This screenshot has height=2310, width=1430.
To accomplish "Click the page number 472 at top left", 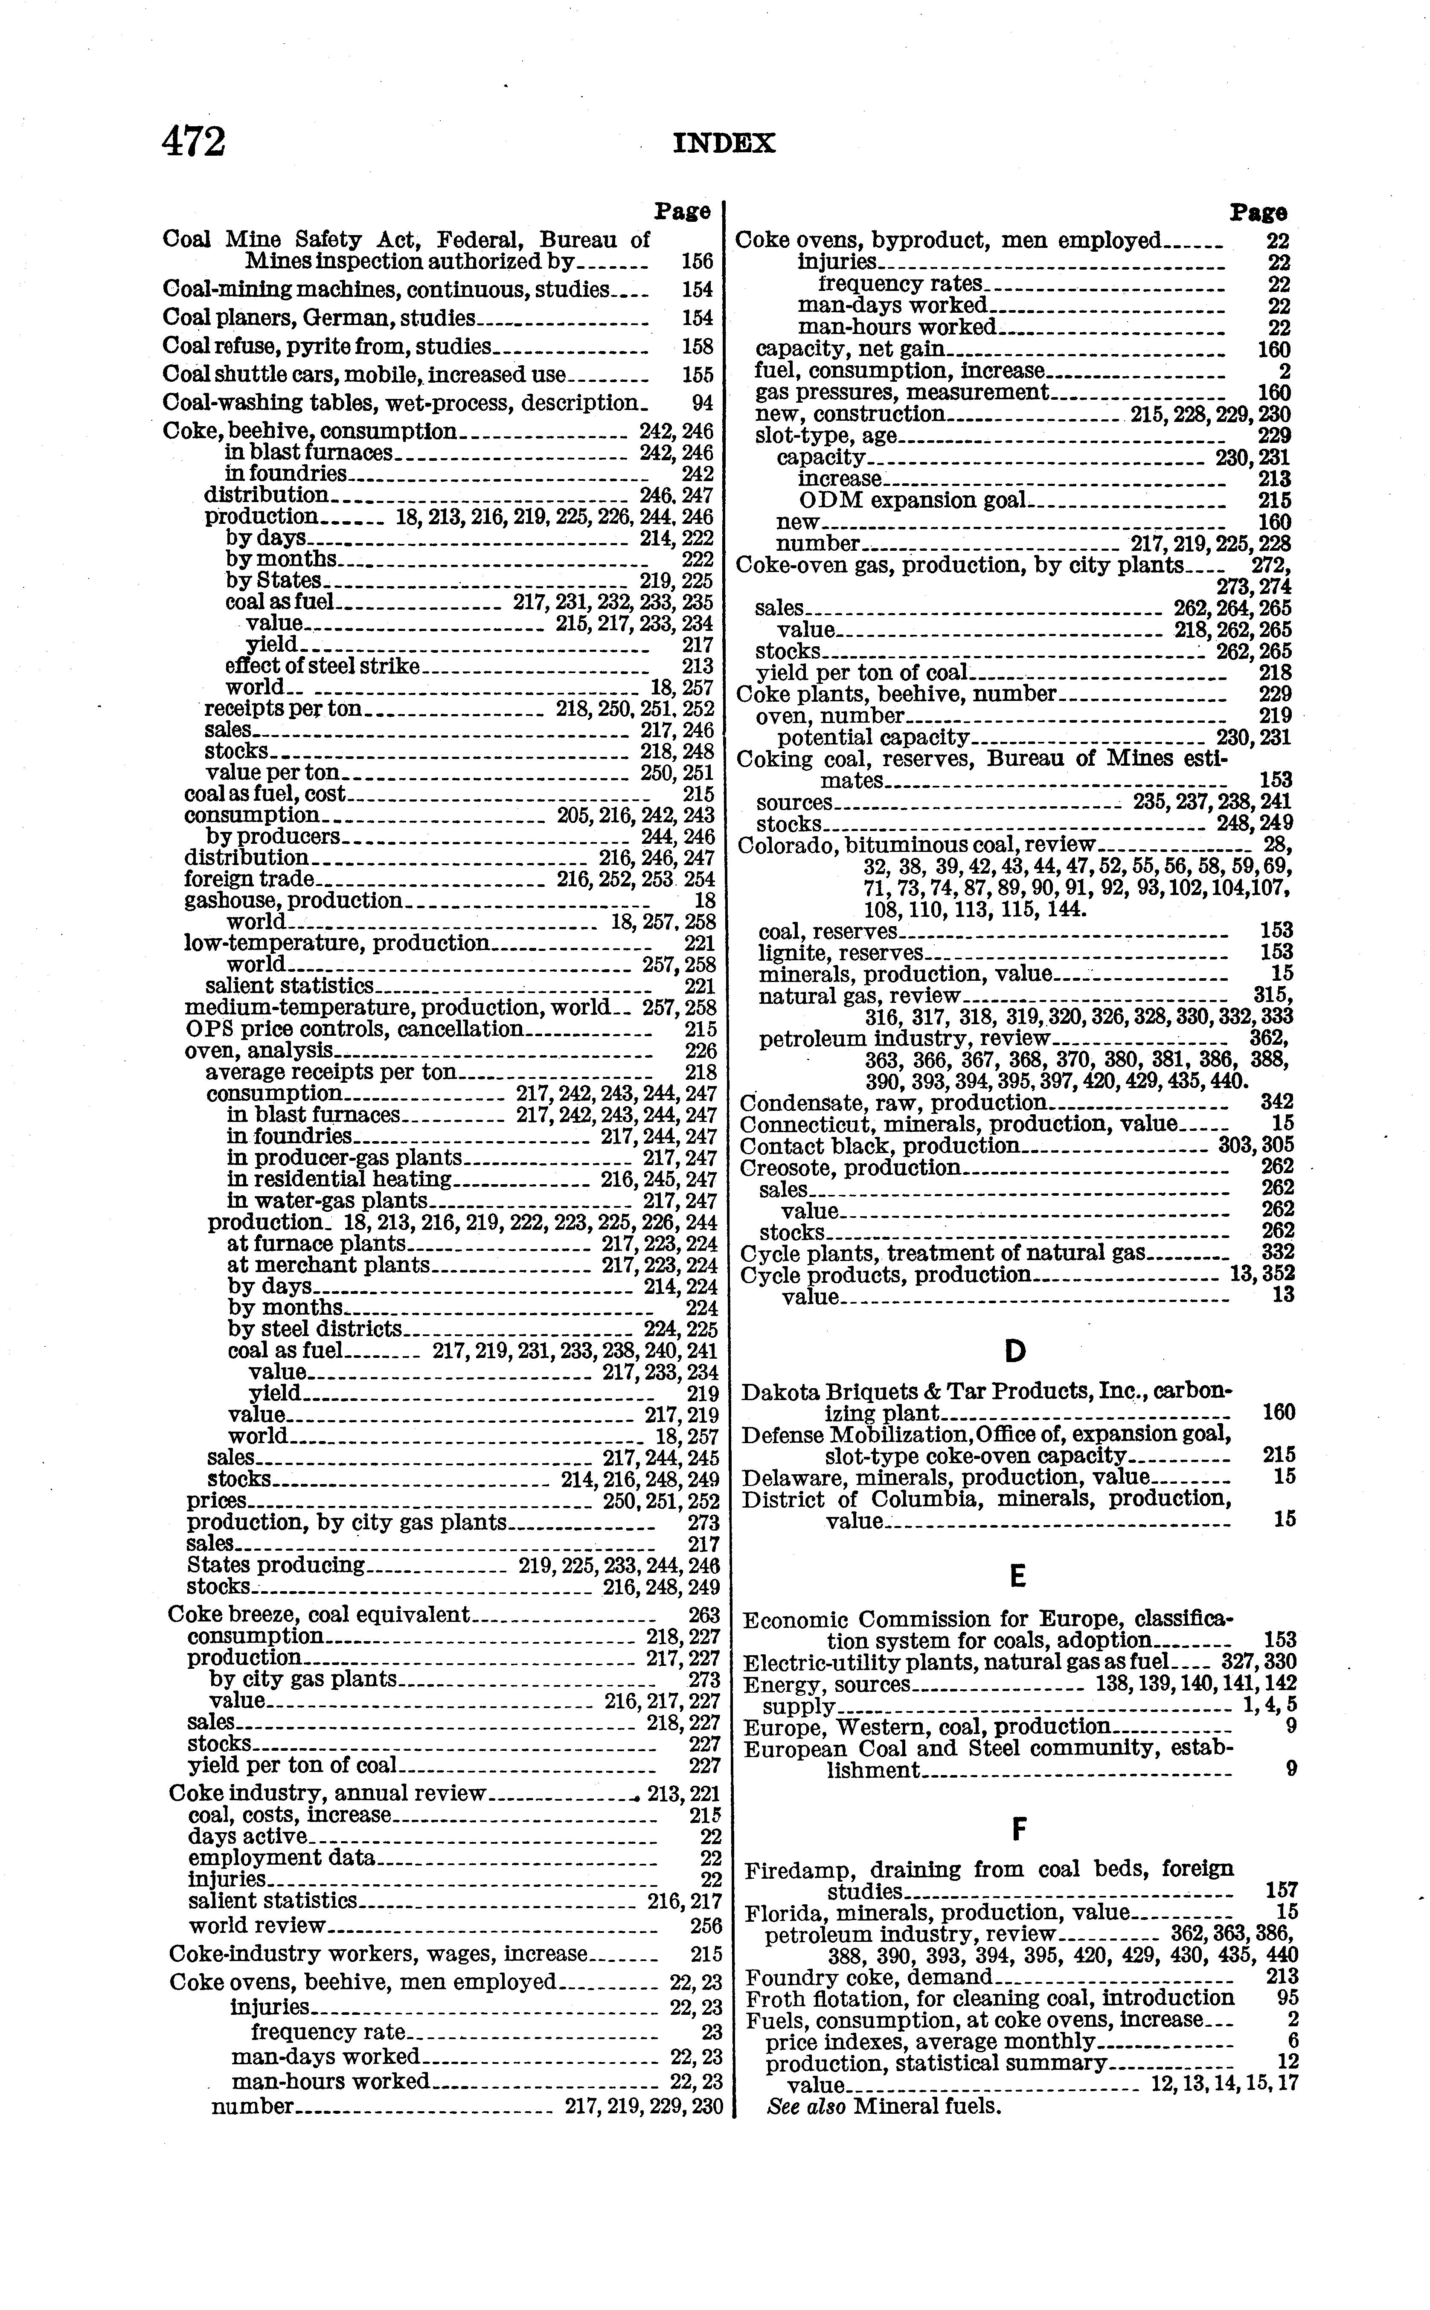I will tap(194, 143).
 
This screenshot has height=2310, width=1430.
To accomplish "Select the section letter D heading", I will tap(1015, 1351).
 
